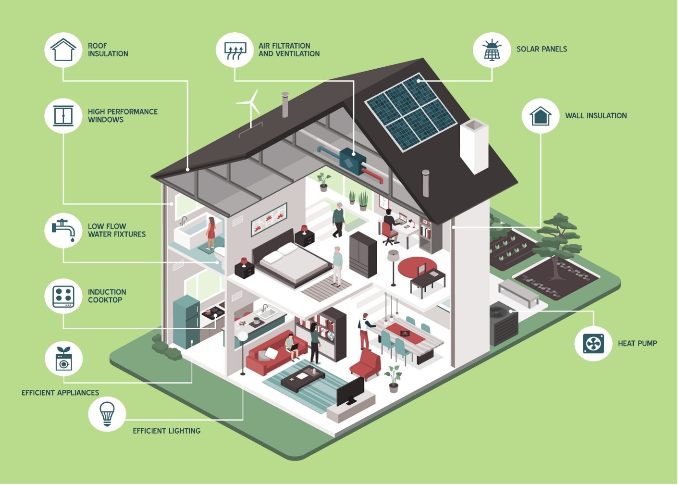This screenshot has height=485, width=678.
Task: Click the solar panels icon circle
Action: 492,50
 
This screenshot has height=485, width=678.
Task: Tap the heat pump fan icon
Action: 593,343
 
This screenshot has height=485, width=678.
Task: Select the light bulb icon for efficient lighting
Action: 107,413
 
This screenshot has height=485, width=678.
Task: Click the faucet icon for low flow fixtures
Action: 63,230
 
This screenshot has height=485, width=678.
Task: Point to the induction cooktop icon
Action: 63,296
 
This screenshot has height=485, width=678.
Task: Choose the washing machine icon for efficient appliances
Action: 63,359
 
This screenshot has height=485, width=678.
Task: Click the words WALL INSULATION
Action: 596,116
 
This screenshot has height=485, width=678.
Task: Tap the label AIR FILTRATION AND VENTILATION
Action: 289,50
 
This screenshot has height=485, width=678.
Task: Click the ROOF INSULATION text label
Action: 108,50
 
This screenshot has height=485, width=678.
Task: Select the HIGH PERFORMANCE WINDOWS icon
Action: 63,116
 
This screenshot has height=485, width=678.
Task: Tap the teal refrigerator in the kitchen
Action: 186,321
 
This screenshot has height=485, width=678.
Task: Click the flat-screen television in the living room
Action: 350,391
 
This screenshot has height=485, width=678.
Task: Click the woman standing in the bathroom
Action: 210,234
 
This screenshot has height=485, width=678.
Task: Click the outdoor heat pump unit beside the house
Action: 504,324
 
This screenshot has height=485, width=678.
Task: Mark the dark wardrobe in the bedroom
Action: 363,254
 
